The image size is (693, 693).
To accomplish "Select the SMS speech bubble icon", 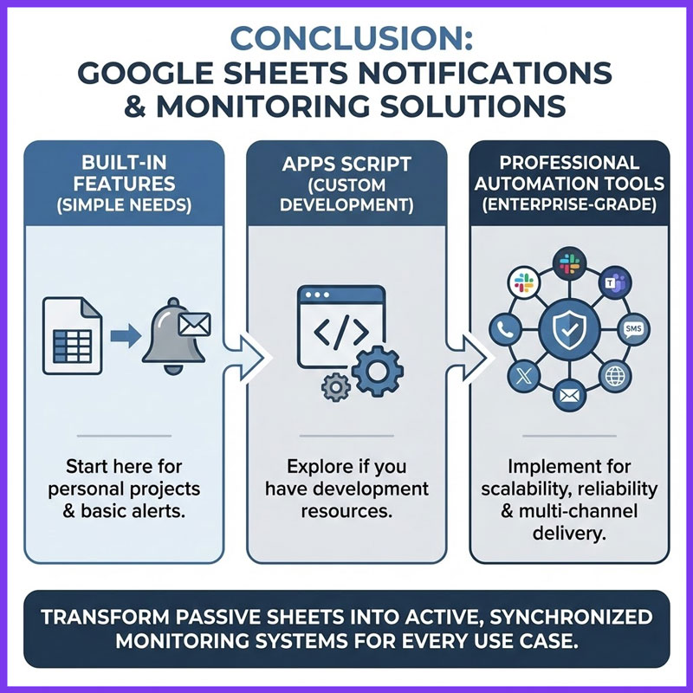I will point(632,329).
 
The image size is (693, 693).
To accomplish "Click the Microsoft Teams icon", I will point(616,282).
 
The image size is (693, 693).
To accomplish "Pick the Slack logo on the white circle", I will point(521,282).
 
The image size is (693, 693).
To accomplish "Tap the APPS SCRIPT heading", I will point(346,162).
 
